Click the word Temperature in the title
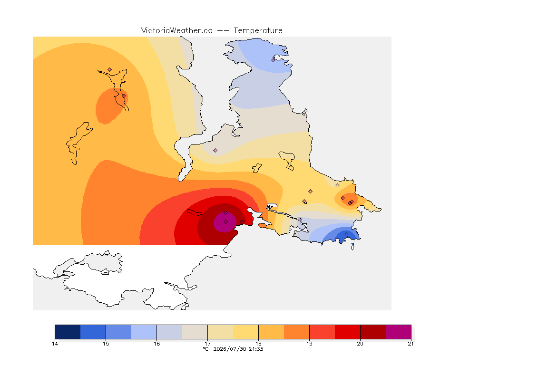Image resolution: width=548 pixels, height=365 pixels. coord(258,31)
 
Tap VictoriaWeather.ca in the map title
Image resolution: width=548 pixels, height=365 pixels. coord(177,31)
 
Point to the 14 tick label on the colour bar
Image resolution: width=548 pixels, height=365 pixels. coord(55,344)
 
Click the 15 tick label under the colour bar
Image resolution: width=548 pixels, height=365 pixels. coord(106,344)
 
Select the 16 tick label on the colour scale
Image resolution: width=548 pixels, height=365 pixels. coord(157,344)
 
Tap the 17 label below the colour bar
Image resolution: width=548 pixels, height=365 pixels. coord(207,344)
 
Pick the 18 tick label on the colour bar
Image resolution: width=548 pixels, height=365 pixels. coord(259,344)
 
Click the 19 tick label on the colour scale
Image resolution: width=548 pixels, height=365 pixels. coord(309,344)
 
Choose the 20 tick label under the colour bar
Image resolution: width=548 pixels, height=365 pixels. coord(360,344)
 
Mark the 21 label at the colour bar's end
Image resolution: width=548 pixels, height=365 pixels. coord(411,344)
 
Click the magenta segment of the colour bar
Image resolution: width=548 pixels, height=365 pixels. coord(399,332)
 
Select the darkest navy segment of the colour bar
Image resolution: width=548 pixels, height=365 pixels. coord(68,332)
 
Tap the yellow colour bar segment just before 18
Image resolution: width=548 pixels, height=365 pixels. coord(245,332)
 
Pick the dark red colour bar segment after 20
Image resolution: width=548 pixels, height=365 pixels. coord(373,332)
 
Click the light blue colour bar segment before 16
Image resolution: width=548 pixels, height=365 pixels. coord(144,332)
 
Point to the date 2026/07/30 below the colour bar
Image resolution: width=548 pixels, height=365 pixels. coord(230,349)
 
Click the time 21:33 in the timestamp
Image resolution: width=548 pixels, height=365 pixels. coord(256,349)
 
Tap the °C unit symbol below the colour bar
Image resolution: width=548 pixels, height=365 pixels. coord(205,349)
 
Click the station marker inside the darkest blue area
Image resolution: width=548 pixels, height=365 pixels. coord(346,234)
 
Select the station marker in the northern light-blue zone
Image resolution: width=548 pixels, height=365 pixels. coord(274,60)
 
